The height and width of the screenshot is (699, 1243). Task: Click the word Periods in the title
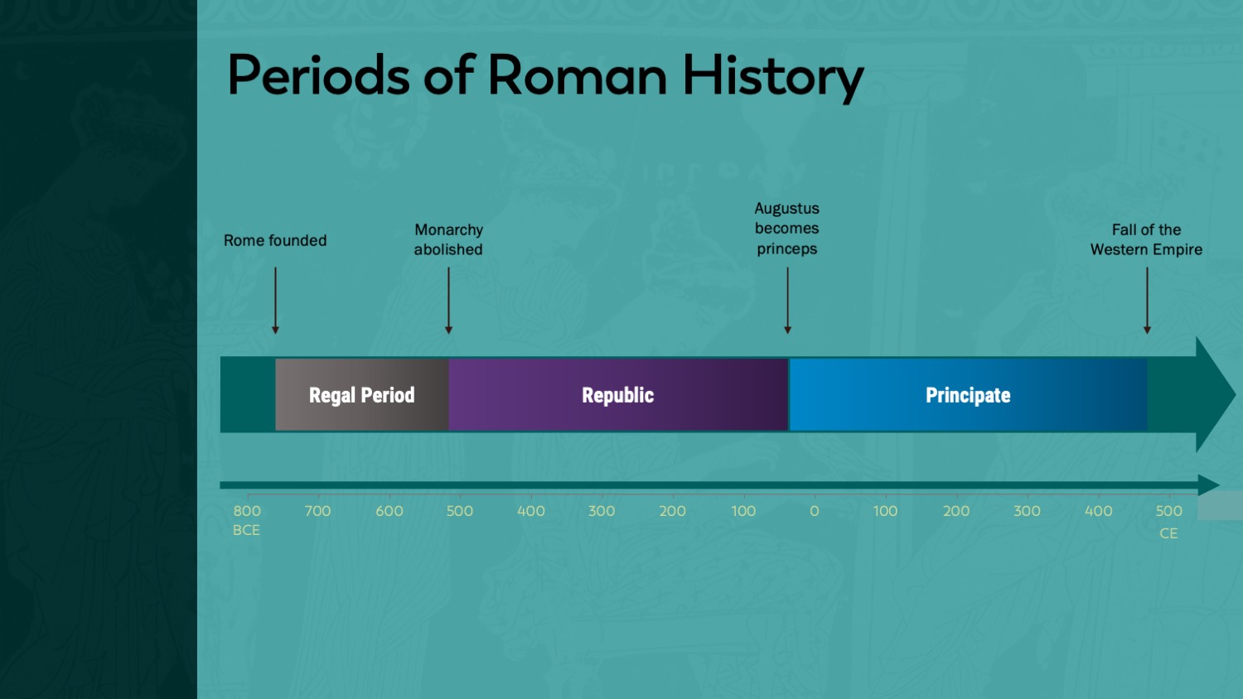[318, 75]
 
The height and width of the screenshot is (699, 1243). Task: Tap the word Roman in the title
[577, 75]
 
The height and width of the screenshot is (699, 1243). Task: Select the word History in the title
[773, 78]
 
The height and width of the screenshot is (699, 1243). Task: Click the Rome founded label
[275, 240]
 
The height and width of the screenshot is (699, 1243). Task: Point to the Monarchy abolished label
[448, 239]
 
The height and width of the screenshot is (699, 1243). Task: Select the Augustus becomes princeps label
[787, 228]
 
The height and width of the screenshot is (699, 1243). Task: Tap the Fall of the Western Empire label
[1146, 239]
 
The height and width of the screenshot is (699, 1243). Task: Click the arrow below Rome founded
[275, 300]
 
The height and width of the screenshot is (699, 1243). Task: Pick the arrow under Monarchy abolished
[448, 300]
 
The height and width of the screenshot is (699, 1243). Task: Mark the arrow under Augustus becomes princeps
[787, 300]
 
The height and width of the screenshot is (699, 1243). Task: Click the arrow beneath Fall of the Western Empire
[1147, 300]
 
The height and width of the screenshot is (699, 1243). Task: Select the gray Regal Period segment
[362, 394]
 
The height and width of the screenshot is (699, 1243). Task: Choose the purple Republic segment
[618, 394]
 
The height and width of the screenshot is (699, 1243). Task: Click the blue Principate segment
[969, 394]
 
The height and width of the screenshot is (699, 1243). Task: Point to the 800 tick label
[247, 511]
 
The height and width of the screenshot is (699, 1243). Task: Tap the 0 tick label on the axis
[814, 511]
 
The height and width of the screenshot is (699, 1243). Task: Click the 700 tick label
[317, 511]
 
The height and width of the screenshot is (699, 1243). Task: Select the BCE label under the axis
[246, 530]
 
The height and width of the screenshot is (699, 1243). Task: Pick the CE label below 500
[1168, 533]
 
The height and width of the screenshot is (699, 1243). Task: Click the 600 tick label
[389, 511]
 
